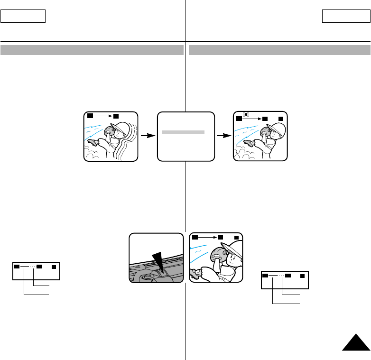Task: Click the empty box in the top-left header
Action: (x=23, y=16)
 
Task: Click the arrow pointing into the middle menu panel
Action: (x=148, y=136)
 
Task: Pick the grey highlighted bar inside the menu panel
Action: (x=183, y=133)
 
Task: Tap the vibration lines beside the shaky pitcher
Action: (x=130, y=142)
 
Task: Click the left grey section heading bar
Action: (x=92, y=50)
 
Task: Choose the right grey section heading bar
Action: (x=279, y=50)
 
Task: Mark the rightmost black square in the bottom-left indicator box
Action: (x=53, y=267)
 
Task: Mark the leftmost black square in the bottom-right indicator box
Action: (x=265, y=275)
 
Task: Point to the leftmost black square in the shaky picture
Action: (x=89, y=116)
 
